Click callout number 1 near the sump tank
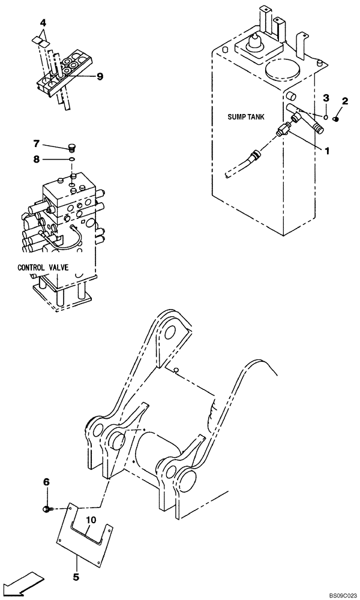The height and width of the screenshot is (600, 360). pyautogui.click(x=328, y=152)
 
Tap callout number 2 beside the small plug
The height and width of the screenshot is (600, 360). pyautogui.click(x=346, y=101)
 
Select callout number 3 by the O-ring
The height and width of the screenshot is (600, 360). pyautogui.click(x=326, y=98)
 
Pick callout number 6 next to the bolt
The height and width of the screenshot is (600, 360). pyautogui.click(x=46, y=481)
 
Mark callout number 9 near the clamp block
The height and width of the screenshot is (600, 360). pyautogui.click(x=100, y=76)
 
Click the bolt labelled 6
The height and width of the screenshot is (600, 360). pyautogui.click(x=48, y=509)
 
